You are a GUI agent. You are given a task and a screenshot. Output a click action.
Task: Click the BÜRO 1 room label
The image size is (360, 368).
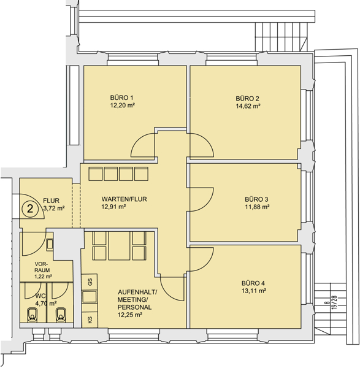pyautogui.click(x=121, y=98)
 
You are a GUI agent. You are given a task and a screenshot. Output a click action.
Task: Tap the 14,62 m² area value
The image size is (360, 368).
pyautogui.click(x=248, y=106)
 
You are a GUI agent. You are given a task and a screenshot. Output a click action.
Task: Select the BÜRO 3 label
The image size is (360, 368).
pyautogui.click(x=256, y=199)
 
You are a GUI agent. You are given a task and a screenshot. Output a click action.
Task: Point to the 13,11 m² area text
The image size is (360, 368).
pyautogui.click(x=254, y=291)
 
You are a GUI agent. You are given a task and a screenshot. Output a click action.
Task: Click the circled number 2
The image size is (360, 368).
pyautogui.click(x=30, y=209)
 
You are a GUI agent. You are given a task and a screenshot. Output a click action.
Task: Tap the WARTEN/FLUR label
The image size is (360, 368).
pyautogui.click(x=124, y=199)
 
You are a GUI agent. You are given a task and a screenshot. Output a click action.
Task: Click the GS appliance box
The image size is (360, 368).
pyautogui.click(x=90, y=282)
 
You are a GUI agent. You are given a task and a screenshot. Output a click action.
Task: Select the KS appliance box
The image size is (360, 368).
pyautogui.click(x=90, y=320)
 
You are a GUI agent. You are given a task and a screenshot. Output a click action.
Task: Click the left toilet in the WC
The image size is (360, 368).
pyautogui.click(x=33, y=315)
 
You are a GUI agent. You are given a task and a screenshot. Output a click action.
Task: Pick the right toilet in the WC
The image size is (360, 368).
pyautogui.click(x=61, y=315)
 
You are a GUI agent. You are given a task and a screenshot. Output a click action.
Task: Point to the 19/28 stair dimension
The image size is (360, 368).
pyautogui.click(x=335, y=302)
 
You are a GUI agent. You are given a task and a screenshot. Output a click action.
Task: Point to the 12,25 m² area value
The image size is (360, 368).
pyautogui.click(x=130, y=315)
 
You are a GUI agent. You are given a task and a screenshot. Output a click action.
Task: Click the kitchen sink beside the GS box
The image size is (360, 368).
pyautogui.click(x=90, y=297)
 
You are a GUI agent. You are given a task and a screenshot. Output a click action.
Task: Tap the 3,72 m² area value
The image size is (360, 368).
pyautogui.click(x=54, y=208)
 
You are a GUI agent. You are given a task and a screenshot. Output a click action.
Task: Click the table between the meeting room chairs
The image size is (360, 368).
pyautogui.click(x=119, y=246)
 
